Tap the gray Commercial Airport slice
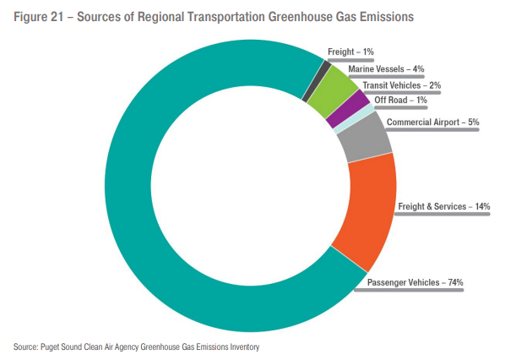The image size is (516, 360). click(365, 139)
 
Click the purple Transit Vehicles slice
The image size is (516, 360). click(360, 106)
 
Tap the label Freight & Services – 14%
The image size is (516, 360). click(443, 206)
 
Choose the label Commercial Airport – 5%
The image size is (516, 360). click(432, 123)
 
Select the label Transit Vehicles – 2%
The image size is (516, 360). click(401, 85)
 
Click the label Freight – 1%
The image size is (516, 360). click(350, 52)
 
